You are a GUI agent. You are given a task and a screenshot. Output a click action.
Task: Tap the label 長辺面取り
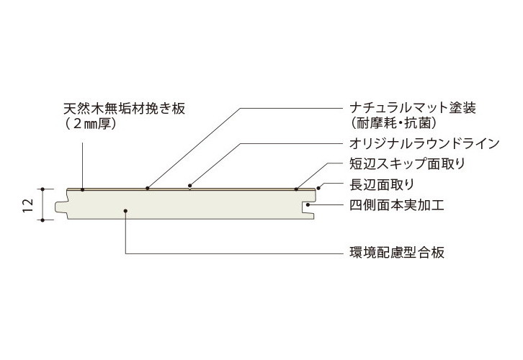[377, 184]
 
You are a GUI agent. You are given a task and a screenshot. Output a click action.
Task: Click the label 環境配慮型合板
[392, 253]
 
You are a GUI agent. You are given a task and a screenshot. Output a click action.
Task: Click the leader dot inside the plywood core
[126, 211]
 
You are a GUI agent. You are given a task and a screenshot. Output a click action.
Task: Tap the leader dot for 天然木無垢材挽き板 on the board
[83, 189]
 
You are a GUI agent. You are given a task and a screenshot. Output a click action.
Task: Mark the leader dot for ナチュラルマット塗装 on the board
[147, 189]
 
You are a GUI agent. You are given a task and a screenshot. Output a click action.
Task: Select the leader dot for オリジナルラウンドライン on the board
[189, 189]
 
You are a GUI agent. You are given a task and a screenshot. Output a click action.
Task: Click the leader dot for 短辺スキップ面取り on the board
[296, 189]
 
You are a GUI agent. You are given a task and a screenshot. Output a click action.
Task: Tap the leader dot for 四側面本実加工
[308, 205]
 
